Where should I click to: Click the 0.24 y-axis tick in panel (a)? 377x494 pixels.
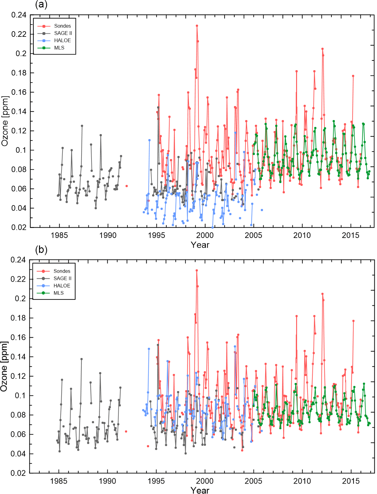pyautogui.click(x=19, y=15)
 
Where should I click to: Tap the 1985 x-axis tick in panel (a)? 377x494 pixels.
pyautogui.click(x=59, y=235)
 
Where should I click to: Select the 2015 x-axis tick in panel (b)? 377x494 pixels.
pyautogui.click(x=351, y=481)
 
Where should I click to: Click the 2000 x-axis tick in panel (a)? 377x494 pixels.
pyautogui.click(x=205, y=235)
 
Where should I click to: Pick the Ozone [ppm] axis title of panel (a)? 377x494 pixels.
pyautogui.click(x=5, y=121)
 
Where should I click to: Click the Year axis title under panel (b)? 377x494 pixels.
pyautogui.click(x=200, y=490)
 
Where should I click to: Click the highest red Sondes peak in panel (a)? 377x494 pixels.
pyautogui.click(x=197, y=26)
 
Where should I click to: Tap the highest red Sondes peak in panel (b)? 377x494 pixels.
pyautogui.click(x=197, y=271)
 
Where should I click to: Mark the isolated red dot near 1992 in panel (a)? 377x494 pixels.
pyautogui.click(x=126, y=186)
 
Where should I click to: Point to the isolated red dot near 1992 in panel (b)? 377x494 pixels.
pyautogui.click(x=126, y=431)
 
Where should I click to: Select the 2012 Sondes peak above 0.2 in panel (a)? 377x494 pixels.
pyautogui.click(x=322, y=49)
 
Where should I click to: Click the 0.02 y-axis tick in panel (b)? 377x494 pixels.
pyautogui.click(x=18, y=473)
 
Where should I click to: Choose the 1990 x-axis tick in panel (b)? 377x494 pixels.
pyautogui.click(x=107, y=481)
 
